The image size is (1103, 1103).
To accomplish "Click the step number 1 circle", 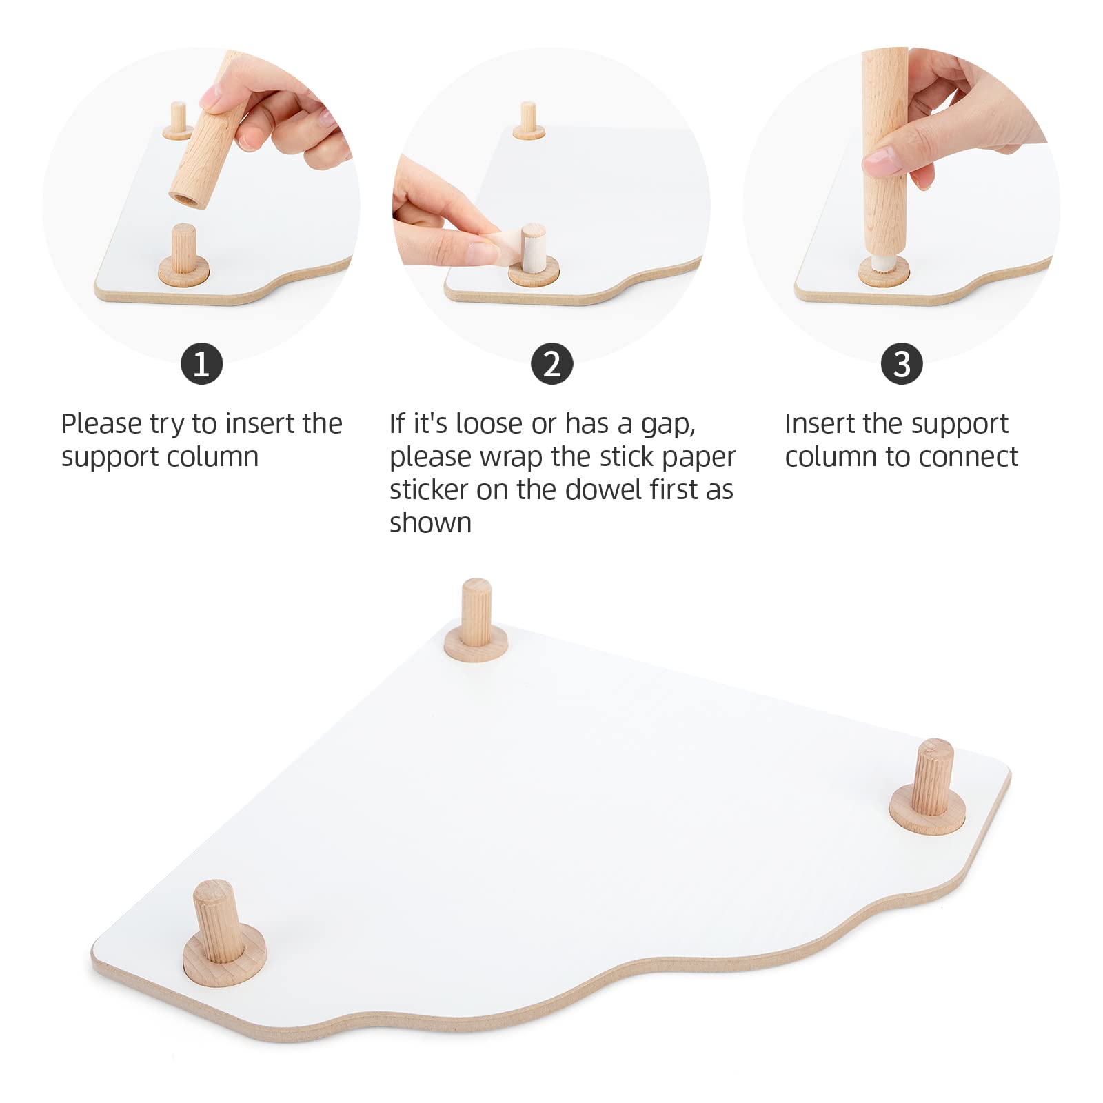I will (201, 363).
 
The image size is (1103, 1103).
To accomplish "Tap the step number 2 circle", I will (551, 363).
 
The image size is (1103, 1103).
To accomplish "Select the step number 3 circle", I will (902, 363).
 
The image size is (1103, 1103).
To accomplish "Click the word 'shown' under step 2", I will (430, 523).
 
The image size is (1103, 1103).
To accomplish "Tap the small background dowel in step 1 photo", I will (179, 119).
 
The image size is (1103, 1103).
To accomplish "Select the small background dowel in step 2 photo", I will (528, 119).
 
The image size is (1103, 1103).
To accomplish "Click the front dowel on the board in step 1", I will (183, 252).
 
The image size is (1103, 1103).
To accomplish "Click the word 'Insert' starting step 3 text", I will (820, 424).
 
